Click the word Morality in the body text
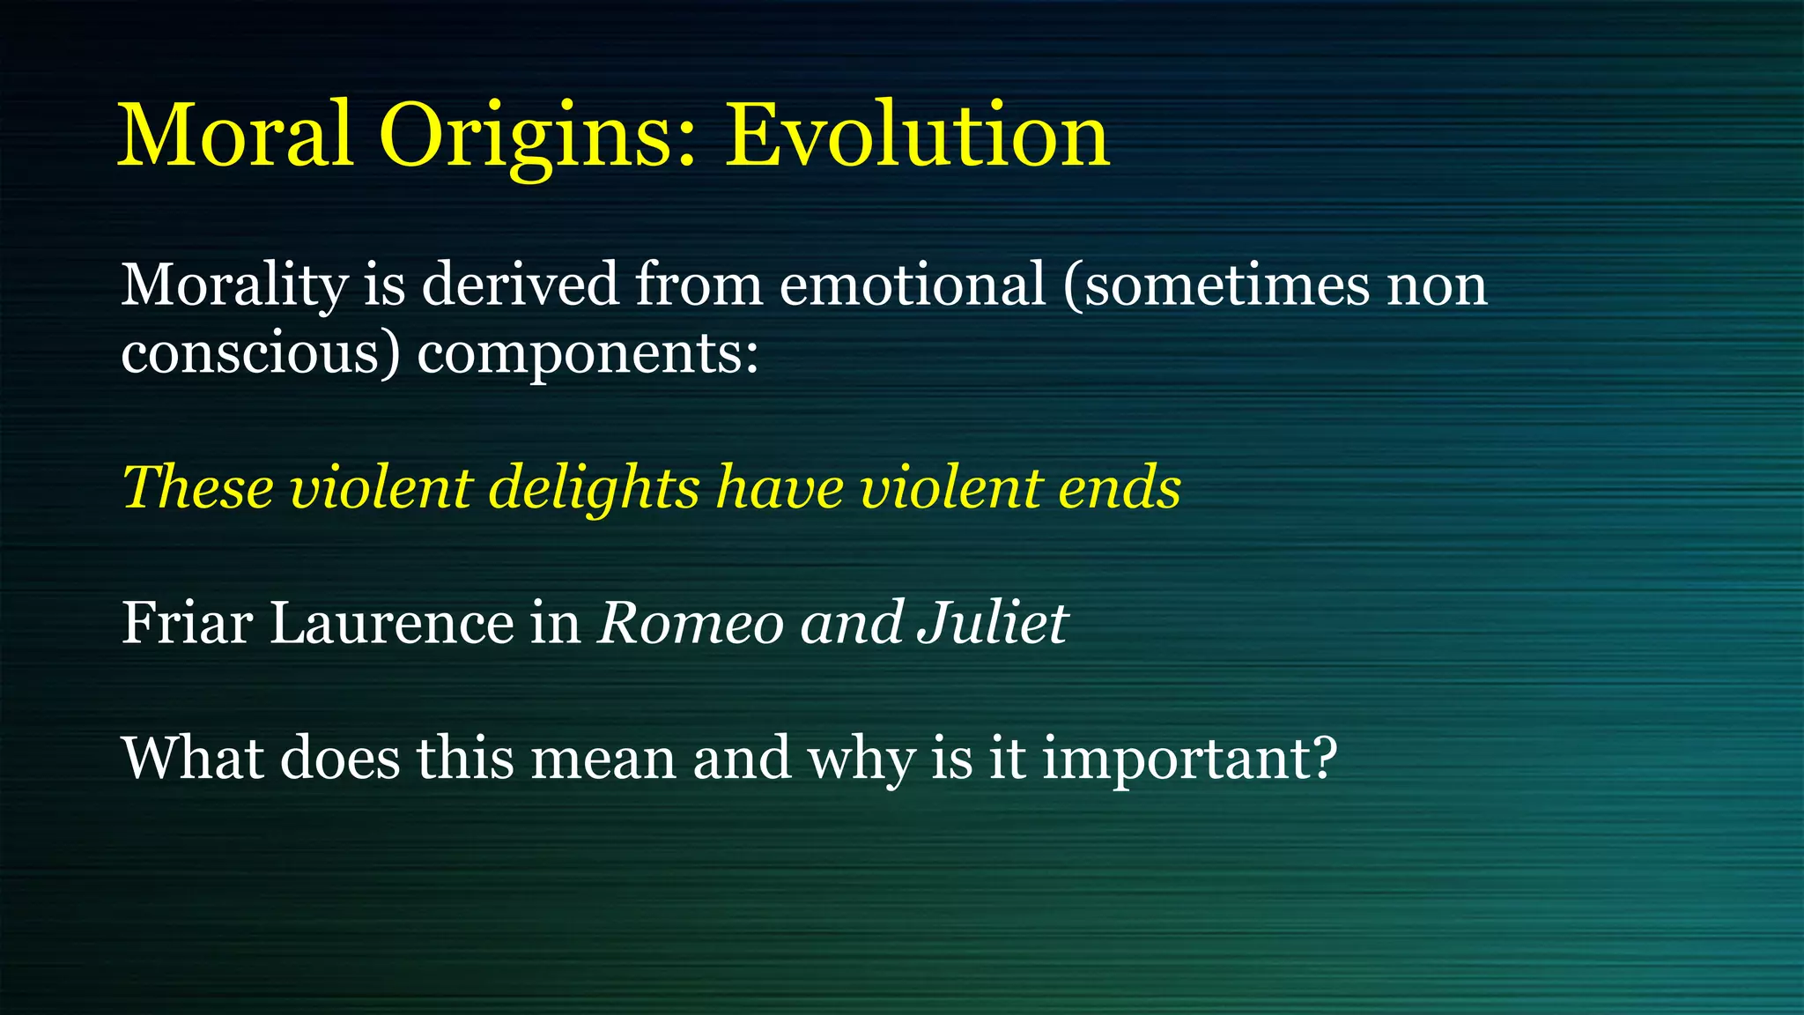click(x=234, y=285)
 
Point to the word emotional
click(x=912, y=285)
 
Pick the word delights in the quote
click(x=595, y=487)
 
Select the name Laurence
click(x=391, y=623)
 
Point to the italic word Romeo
click(x=691, y=623)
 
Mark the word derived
click(x=520, y=285)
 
